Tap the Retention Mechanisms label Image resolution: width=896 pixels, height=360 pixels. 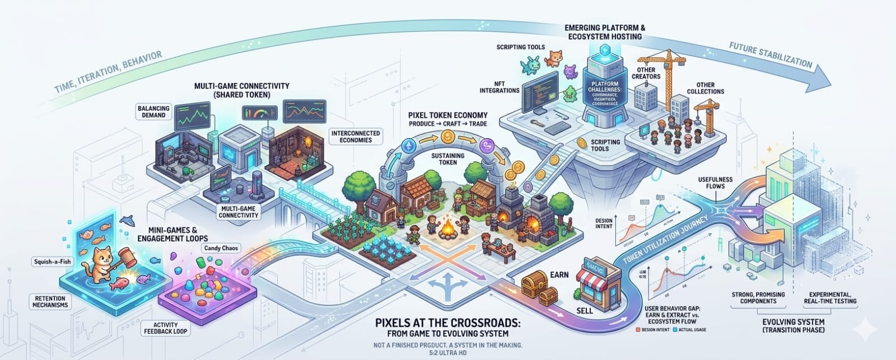click(x=49, y=302)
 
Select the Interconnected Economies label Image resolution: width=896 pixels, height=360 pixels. click(x=356, y=137)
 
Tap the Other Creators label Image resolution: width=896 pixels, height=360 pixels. click(x=646, y=73)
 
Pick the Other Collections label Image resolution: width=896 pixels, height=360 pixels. click(x=705, y=88)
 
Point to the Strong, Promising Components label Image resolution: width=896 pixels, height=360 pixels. click(x=758, y=297)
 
